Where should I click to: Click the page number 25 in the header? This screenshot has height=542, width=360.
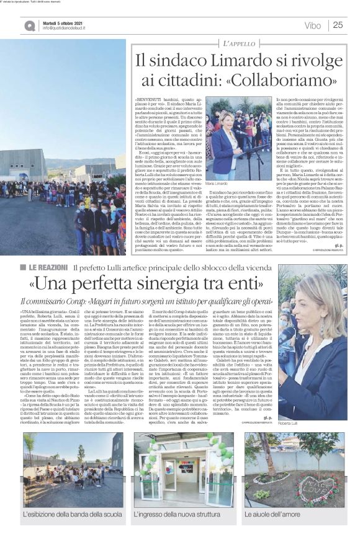point(338,25)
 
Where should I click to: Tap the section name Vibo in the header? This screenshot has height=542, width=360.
point(313,25)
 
